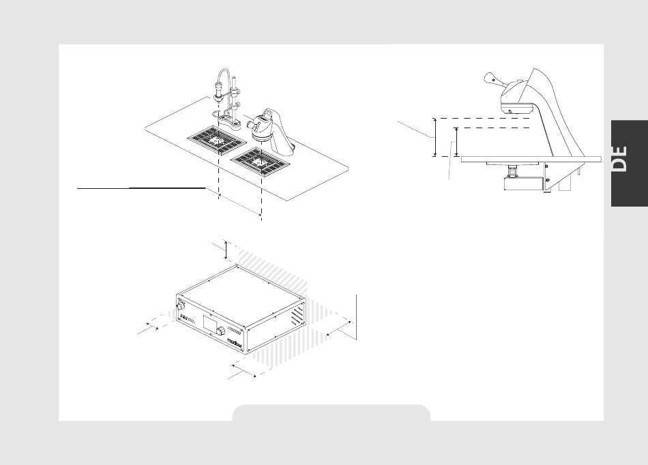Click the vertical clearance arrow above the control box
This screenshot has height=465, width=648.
point(226,250)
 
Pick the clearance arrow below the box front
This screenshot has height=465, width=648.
point(243,370)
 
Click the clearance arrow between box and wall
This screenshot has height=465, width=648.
point(340,327)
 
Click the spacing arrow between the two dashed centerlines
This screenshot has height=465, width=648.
point(240,205)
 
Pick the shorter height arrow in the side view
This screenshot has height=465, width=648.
point(455,142)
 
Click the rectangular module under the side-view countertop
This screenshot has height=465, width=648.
point(524,181)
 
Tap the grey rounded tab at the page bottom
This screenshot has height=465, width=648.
point(331,412)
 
